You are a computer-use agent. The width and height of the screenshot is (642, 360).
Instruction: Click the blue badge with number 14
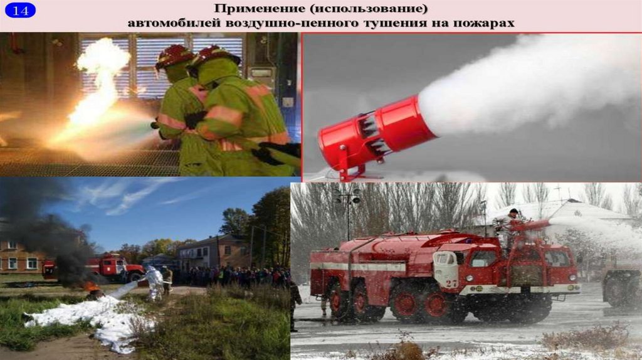[x=20, y=10]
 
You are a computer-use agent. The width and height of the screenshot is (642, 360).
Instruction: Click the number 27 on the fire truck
[x=451, y=283]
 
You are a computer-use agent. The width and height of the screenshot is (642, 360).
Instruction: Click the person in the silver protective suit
[x=154, y=283]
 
